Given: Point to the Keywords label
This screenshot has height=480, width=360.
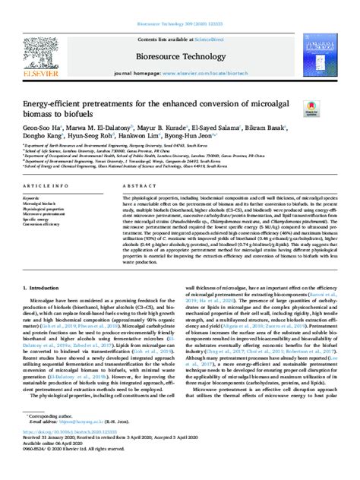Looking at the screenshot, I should [34, 197].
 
